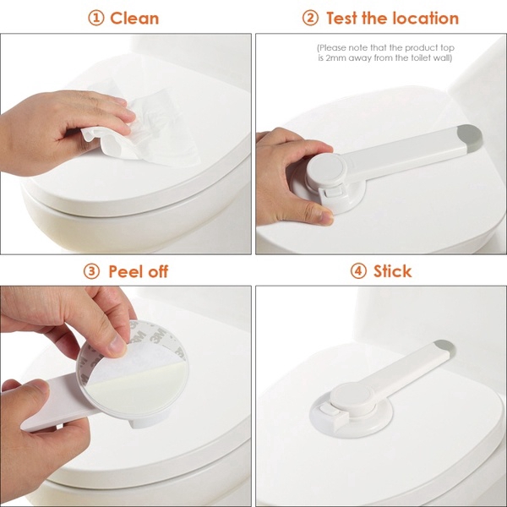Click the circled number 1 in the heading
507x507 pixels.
(96, 18)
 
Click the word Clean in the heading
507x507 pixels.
(134, 18)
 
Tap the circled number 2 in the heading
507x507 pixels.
(311, 18)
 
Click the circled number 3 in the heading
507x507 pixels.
(92, 271)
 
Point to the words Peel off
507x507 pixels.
(139, 271)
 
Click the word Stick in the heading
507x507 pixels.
(393, 271)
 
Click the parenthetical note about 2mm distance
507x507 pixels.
(384, 52)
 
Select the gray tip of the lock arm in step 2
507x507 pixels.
(469, 134)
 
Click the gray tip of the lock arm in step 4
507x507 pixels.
(444, 348)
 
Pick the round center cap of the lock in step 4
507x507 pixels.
(348, 397)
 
